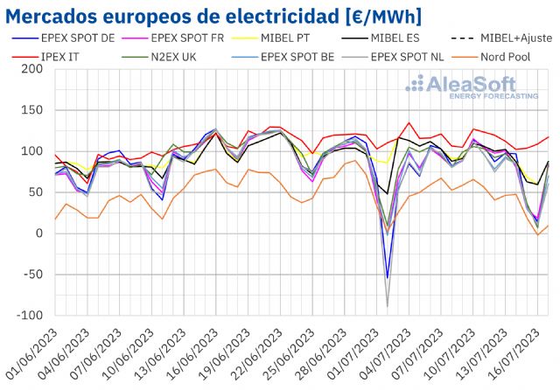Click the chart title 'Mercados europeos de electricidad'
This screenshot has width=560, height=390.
[213, 16]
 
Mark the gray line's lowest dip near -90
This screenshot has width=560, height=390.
[387, 306]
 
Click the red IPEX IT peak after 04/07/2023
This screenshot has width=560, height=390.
[409, 123]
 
